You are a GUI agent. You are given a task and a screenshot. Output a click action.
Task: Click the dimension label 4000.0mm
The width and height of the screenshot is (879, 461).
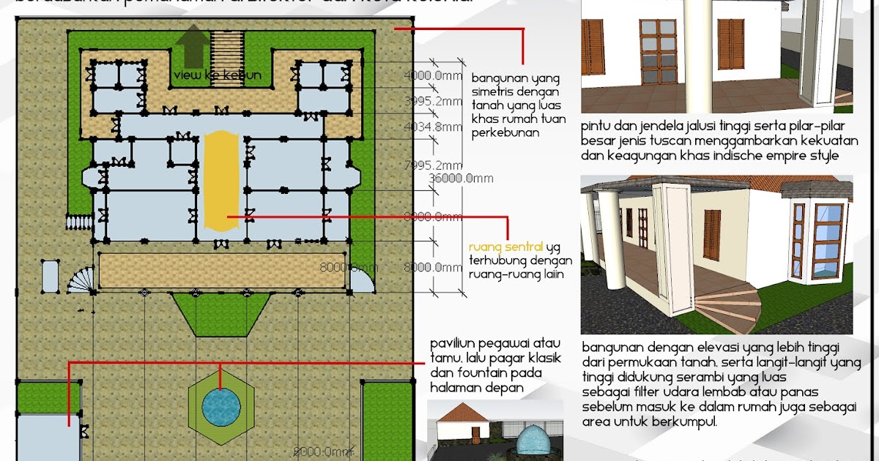tap(432, 75)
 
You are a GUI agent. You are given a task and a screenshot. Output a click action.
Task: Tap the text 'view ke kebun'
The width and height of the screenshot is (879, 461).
tap(218, 75)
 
